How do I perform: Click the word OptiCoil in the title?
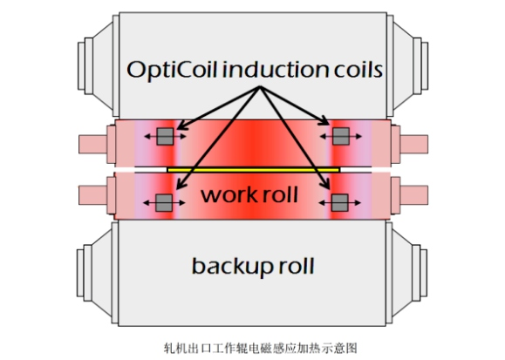(171, 70)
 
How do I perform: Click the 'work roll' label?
(249, 194)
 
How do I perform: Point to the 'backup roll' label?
(253, 267)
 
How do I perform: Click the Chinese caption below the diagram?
(261, 348)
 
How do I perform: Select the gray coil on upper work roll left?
(165, 136)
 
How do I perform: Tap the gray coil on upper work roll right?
(341, 136)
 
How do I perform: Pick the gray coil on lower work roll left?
(164, 203)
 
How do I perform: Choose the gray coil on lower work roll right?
(340, 203)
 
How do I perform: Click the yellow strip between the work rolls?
(254, 170)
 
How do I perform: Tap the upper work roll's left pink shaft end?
(93, 144)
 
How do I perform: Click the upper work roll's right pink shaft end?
(414, 144)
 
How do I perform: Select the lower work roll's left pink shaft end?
(93, 194)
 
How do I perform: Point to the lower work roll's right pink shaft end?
(414, 194)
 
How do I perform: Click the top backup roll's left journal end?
(81, 65)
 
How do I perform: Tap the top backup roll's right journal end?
(425, 65)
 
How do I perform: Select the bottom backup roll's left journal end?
(80, 273)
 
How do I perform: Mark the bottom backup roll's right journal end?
(424, 273)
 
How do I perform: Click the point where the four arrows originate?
(260, 87)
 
